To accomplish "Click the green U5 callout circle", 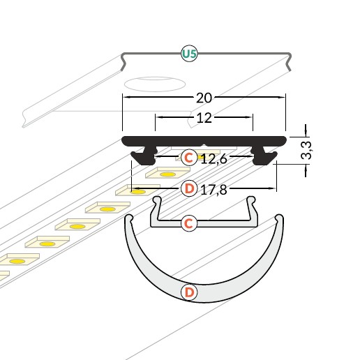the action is (189, 54).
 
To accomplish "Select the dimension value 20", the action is (204, 98).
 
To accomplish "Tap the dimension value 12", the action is (204, 118).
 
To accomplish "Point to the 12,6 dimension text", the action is (214, 159).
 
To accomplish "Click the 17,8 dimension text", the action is (213, 190).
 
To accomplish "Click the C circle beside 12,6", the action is (189, 158).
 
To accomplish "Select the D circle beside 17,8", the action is (189, 188).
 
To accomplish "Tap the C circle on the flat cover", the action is (189, 223).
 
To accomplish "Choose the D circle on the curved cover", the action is (189, 292).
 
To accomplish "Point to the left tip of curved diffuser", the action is (128, 218).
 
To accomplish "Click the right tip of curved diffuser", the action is (280, 218).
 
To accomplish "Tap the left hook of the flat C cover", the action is (156, 200).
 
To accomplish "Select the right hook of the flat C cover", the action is (251, 200).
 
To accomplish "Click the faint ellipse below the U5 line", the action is (155, 84).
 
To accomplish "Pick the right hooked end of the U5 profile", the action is (289, 61).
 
